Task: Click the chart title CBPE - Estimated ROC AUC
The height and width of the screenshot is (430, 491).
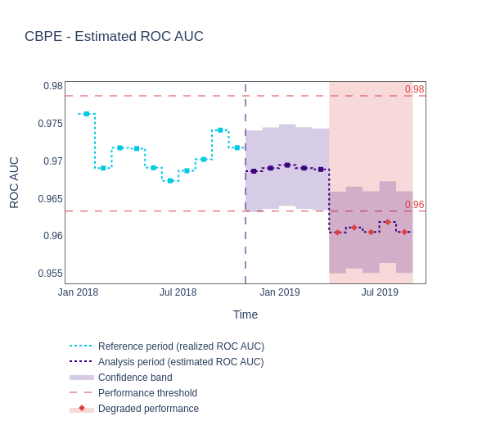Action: click(114, 37)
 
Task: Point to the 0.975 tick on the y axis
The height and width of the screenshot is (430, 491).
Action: click(50, 124)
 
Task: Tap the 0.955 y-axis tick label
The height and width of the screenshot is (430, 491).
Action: click(50, 274)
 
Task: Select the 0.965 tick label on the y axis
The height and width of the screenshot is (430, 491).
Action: click(50, 199)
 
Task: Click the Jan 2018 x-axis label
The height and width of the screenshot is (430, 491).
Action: click(78, 292)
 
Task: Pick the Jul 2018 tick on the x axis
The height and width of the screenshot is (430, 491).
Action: click(178, 292)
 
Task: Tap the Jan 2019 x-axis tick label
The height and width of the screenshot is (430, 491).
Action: click(280, 292)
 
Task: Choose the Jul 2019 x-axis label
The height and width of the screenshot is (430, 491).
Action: click(380, 292)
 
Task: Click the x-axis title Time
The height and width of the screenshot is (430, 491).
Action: click(245, 315)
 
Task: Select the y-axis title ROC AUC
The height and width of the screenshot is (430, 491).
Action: click(14, 183)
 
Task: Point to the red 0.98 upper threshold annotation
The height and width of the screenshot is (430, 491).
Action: click(414, 89)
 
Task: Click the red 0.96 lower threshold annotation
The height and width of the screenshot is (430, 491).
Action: click(414, 205)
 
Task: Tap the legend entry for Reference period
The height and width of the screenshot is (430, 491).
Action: click(181, 346)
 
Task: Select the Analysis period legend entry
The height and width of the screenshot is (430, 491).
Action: click(181, 362)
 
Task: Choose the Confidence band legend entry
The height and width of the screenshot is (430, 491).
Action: click(135, 378)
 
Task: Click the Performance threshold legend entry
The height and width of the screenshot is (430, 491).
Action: click(147, 393)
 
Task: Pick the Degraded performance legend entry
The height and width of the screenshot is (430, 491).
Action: click(148, 409)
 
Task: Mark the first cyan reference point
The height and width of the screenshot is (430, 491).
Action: click(87, 114)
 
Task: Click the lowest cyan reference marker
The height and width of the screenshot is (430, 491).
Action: click(170, 180)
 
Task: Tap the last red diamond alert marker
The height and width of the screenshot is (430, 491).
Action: click(404, 232)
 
